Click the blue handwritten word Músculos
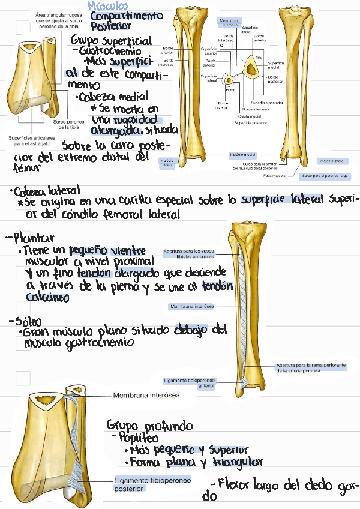click(x=107, y=5)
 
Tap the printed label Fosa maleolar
click(x=274, y=176)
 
